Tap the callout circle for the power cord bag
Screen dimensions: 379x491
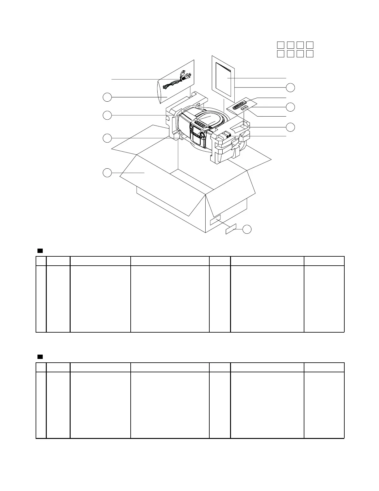coord(107,97)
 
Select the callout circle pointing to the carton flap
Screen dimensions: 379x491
coord(107,173)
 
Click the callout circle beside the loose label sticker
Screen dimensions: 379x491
coord(247,229)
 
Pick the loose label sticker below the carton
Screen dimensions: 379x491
coord(231,229)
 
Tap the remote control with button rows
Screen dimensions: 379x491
coord(239,105)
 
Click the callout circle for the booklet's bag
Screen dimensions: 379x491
coord(290,87)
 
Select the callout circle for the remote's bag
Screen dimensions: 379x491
coord(290,107)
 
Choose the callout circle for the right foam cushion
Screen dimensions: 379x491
coord(290,127)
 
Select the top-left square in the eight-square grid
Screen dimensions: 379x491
coord(281,45)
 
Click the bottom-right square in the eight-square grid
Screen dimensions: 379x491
coord(310,54)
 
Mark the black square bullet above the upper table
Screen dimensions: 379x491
coord(40,250)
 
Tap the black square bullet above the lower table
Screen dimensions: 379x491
coord(40,356)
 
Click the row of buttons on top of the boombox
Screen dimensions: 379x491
coord(199,125)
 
